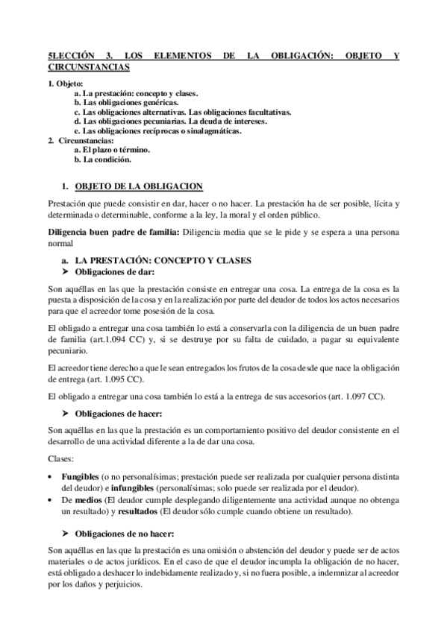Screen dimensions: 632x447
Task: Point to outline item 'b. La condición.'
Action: [103, 159]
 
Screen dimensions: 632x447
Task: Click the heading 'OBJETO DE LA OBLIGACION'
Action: [140, 186]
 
